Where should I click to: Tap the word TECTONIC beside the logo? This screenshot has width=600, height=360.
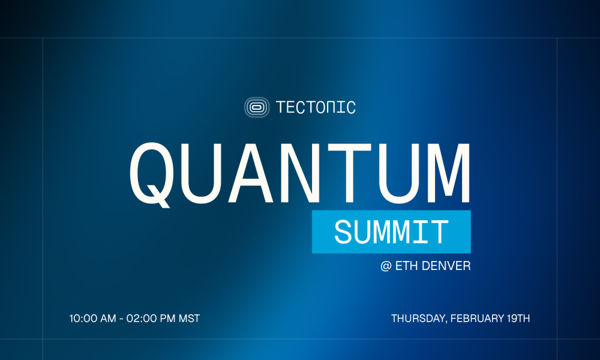pyautogui.click(x=316, y=108)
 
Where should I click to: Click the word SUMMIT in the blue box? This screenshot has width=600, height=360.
pyautogui.click(x=391, y=232)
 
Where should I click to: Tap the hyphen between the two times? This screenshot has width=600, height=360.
pyautogui.click(x=121, y=319)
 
